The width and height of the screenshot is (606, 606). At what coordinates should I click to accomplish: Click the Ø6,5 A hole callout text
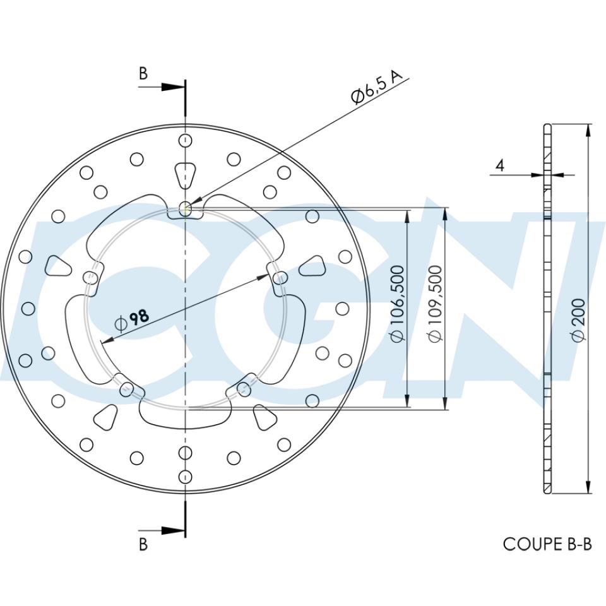[377, 88]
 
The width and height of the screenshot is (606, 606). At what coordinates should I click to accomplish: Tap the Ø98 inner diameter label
[133, 319]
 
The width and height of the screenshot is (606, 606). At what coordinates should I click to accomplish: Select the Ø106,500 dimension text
[396, 304]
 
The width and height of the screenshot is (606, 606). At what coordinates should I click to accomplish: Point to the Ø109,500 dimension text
[435, 304]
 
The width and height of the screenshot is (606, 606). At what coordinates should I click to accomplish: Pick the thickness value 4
[500, 166]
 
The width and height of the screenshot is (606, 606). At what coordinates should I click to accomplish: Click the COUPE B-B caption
[547, 544]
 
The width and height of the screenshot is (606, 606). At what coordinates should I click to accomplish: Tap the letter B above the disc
[143, 74]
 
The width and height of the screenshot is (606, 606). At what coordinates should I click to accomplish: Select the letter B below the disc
[143, 544]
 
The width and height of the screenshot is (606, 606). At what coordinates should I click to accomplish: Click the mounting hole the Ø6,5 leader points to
[185, 206]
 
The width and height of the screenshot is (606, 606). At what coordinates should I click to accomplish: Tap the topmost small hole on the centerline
[184, 140]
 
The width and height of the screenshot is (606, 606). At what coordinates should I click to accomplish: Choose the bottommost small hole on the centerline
[184, 476]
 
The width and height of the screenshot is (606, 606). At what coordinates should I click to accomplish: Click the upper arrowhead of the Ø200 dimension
[588, 130]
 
